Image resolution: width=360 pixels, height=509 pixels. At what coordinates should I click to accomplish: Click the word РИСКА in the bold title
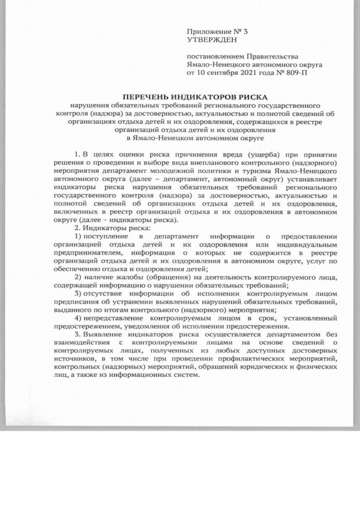[x=247, y=97]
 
